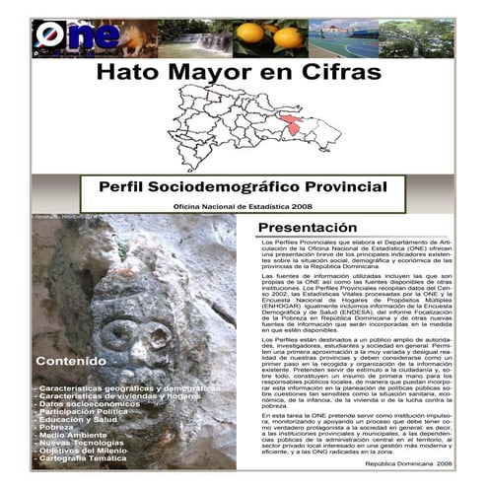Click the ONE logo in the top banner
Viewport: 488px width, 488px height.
tap(62, 36)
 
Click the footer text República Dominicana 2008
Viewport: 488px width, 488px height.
tap(408, 461)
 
